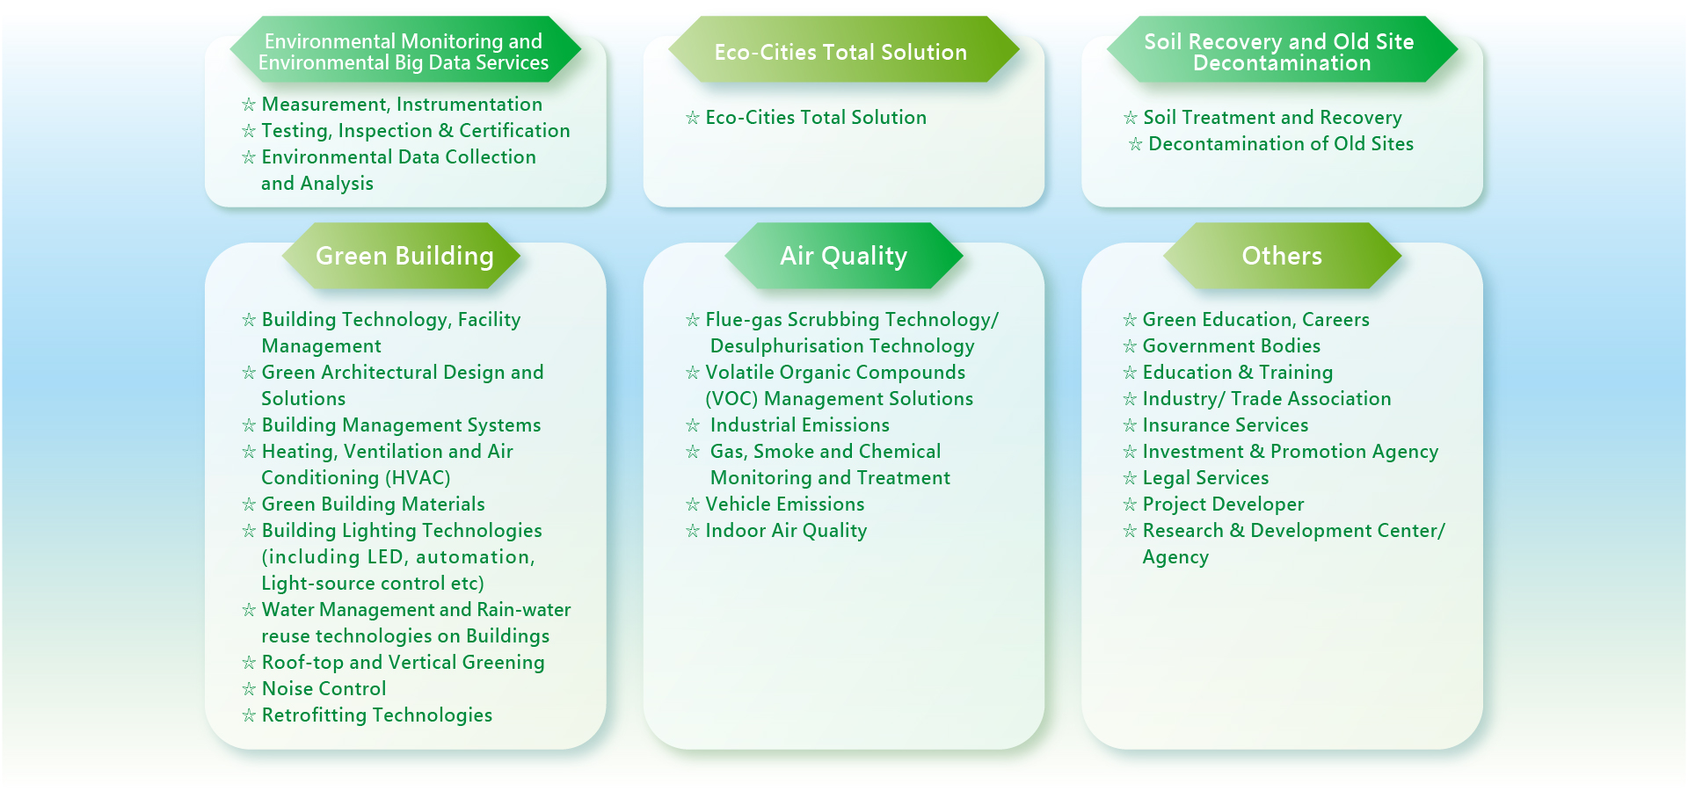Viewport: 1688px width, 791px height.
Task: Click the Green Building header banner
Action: [x=402, y=256]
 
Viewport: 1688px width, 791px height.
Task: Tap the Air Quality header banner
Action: [x=844, y=256]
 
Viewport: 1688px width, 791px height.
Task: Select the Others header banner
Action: [x=1282, y=256]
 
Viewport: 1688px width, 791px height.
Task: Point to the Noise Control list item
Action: [x=324, y=689]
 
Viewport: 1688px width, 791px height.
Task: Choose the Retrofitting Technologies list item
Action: [x=377, y=715]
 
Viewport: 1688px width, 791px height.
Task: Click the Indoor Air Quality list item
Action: [x=786, y=531]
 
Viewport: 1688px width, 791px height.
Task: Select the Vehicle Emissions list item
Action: [x=785, y=504]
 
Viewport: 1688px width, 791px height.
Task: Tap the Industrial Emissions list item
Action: [x=800, y=425]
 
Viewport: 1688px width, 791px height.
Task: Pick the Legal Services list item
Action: [x=1205, y=478]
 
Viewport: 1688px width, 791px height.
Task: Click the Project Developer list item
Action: [x=1223, y=504]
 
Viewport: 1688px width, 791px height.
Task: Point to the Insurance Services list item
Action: [x=1226, y=425]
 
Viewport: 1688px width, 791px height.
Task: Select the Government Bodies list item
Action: [x=1232, y=346]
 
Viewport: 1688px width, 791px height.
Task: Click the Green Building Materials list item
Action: [x=374, y=504]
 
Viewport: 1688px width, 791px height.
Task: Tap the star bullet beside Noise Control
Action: [x=249, y=689]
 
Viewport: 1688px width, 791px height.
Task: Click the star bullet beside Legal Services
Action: [x=1130, y=478]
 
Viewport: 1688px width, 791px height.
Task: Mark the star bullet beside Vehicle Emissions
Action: [x=693, y=504]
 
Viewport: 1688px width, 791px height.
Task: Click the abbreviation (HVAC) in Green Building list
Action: [x=418, y=478]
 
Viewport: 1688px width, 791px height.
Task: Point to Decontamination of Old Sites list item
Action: [x=1281, y=144]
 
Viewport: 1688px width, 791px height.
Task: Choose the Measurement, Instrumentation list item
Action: [x=402, y=105]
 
